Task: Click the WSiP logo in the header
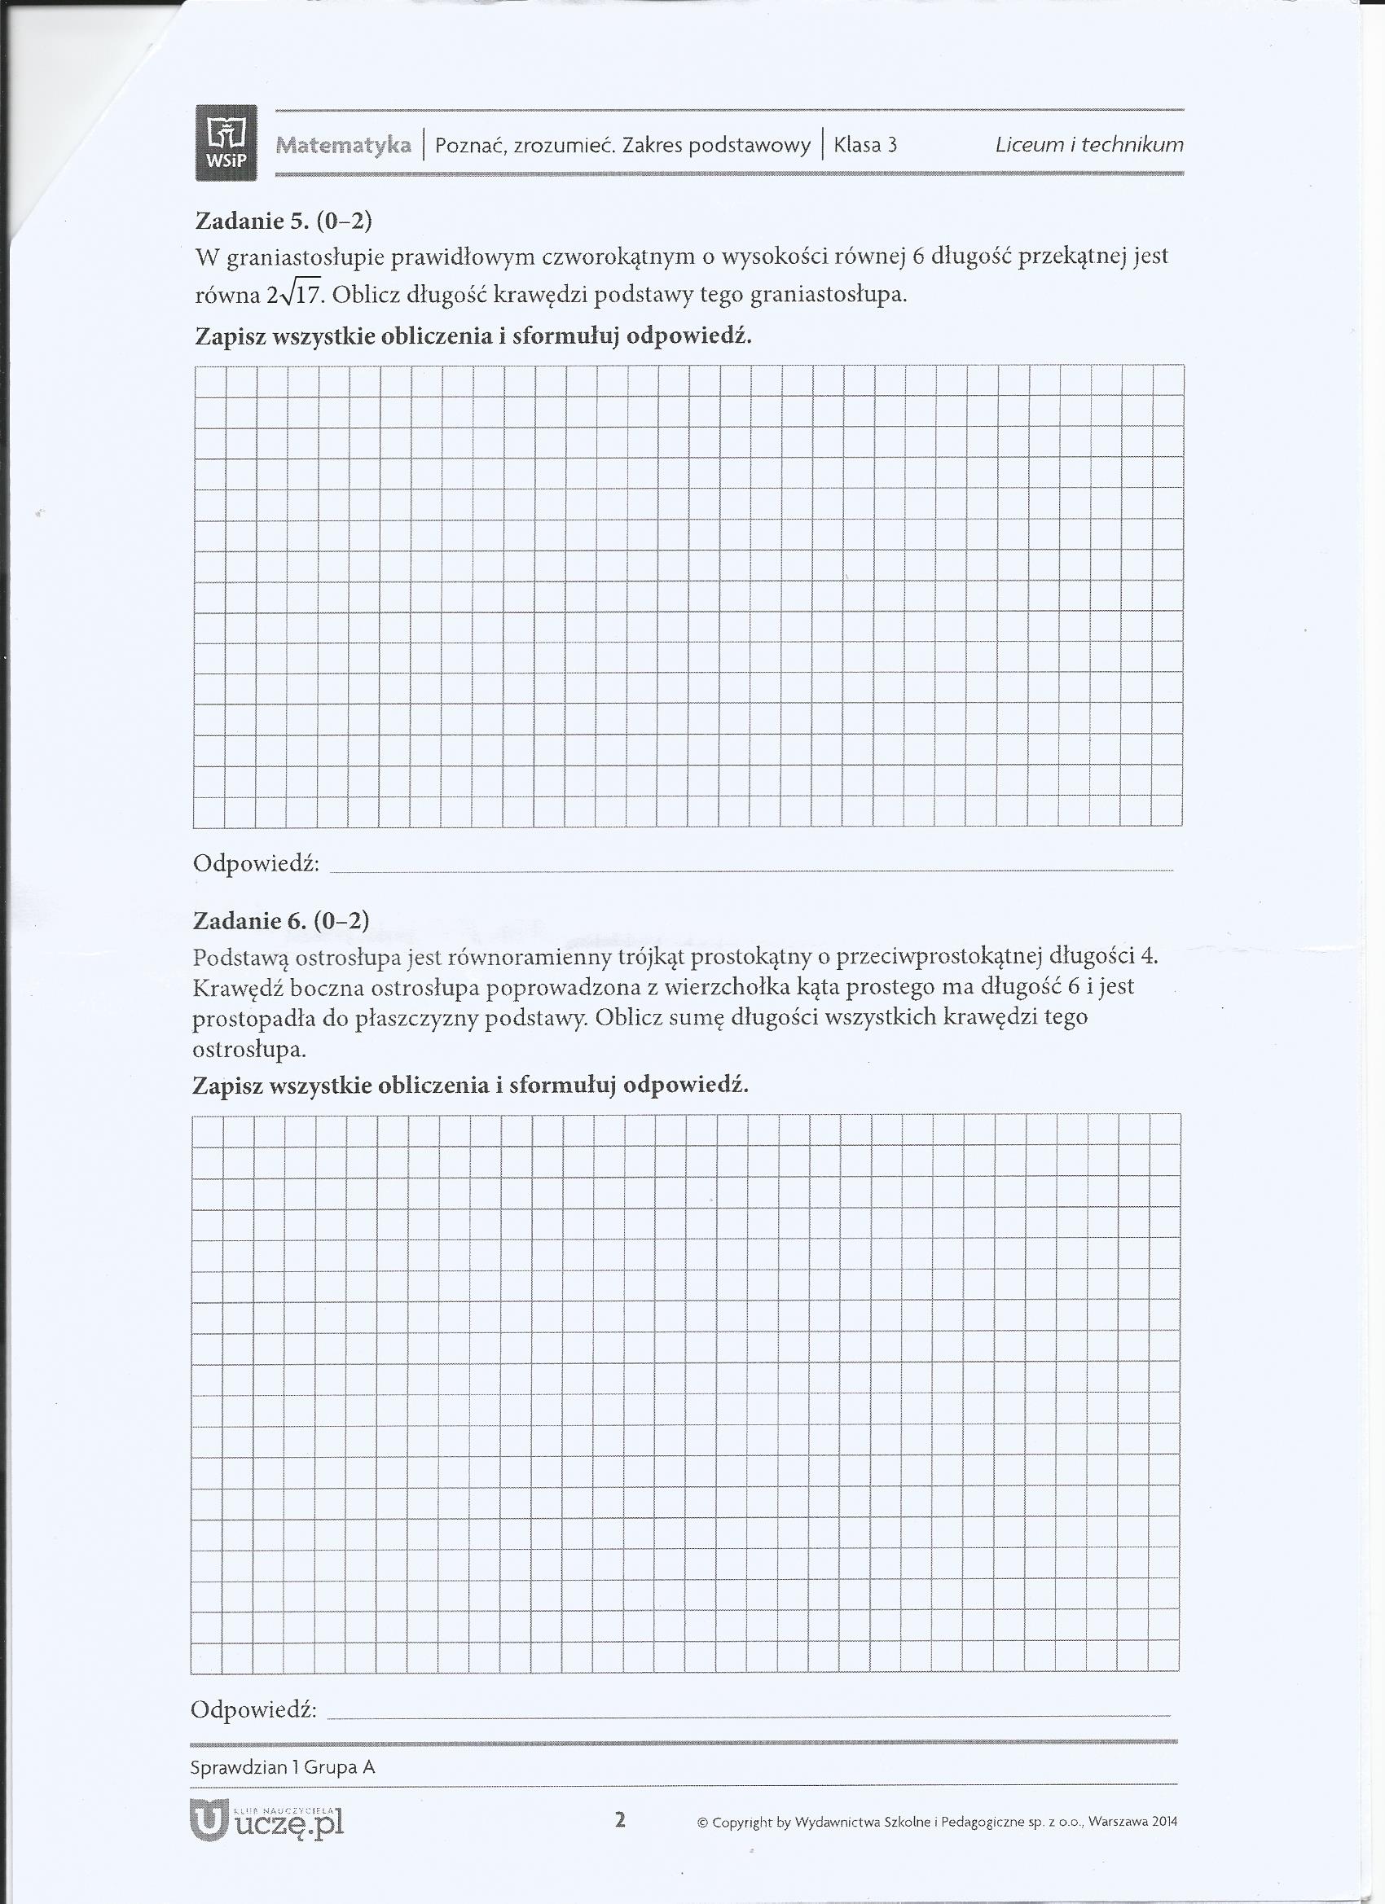coord(225,143)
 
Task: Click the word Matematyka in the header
coord(344,145)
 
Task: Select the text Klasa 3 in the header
coord(865,145)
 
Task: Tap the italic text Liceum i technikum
coord(1088,144)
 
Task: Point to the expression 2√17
coord(294,295)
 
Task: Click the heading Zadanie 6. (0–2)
coord(281,921)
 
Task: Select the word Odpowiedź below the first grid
coord(256,863)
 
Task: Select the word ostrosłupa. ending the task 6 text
coord(249,1050)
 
